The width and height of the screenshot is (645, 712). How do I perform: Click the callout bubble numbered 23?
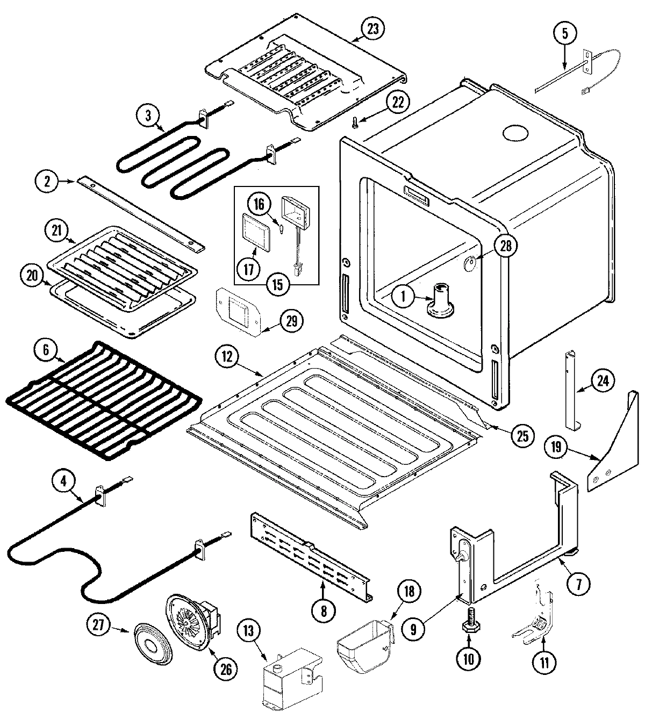tap(372, 30)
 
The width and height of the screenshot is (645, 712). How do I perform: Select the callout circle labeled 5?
tap(564, 33)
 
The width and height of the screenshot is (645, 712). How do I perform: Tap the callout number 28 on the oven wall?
tap(507, 246)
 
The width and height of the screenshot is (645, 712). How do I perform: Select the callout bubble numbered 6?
tap(45, 350)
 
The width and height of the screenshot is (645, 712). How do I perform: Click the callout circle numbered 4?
tap(63, 481)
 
